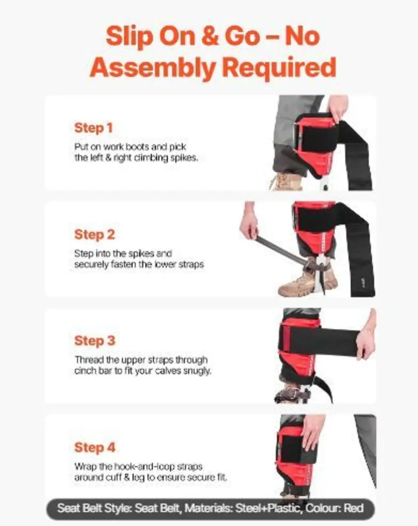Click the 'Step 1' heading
tap(93, 128)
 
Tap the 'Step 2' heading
tap(94, 235)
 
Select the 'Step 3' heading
tap(95, 341)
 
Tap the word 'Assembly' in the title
tap(153, 68)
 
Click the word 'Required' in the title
tap(280, 67)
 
